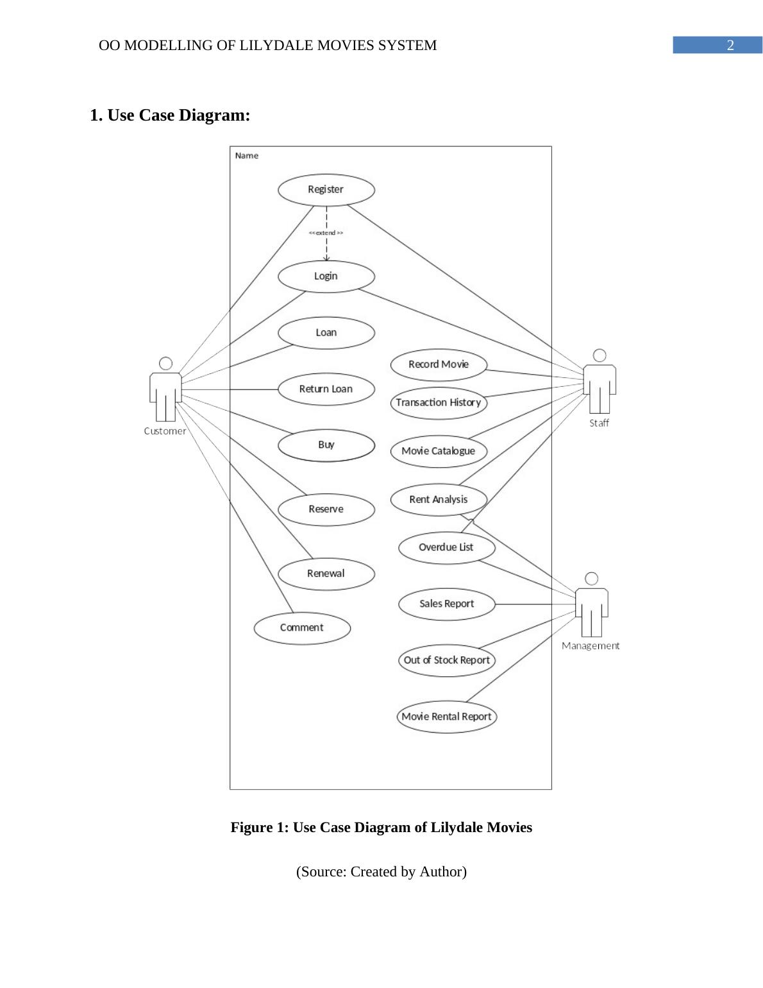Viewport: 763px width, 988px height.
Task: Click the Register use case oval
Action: (326, 190)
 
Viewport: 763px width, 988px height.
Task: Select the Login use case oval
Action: (326, 277)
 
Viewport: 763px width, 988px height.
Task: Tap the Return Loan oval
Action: (326, 389)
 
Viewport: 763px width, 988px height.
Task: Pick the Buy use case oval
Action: (326, 445)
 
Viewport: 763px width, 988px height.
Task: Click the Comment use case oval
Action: (302, 628)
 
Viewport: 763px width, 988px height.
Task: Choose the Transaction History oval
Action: (439, 403)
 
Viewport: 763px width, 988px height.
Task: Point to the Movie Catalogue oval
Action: (439, 451)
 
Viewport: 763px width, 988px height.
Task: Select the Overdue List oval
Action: (446, 548)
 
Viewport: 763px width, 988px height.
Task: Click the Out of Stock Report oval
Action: (446, 660)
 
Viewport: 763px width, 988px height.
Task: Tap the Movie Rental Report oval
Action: (446, 717)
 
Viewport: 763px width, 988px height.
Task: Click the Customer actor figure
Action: (165, 389)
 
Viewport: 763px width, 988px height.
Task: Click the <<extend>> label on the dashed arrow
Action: (326, 233)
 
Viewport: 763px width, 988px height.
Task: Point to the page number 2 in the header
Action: (730, 46)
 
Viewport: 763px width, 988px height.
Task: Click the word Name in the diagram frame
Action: (247, 156)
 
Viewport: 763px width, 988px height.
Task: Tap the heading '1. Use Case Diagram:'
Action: (170, 115)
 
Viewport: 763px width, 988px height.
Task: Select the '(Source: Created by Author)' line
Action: (381, 872)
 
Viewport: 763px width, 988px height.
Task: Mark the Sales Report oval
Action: (446, 604)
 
